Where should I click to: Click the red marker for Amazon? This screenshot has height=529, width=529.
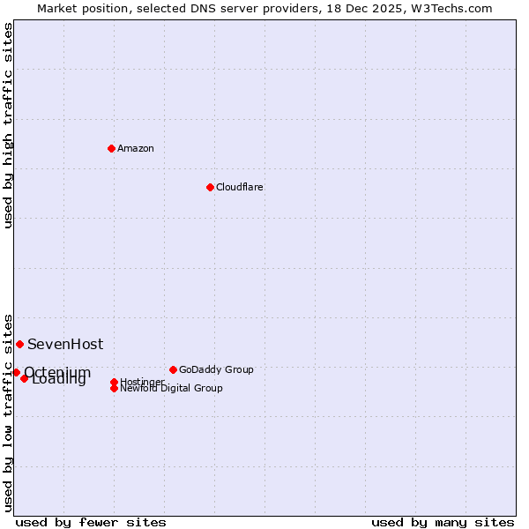(x=111, y=148)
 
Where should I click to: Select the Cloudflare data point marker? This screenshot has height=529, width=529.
(x=210, y=187)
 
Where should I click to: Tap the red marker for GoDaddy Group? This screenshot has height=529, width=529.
(x=173, y=369)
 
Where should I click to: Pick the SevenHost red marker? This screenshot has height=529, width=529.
(x=19, y=344)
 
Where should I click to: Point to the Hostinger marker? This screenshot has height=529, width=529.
(x=114, y=382)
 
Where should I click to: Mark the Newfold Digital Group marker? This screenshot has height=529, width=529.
(x=114, y=388)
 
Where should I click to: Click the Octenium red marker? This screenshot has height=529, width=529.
(x=16, y=372)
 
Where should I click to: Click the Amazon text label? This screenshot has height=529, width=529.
(x=135, y=148)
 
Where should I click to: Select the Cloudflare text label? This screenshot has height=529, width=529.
(x=239, y=187)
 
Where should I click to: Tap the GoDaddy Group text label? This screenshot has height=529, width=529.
(x=216, y=369)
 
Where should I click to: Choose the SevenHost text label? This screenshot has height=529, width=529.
(x=65, y=344)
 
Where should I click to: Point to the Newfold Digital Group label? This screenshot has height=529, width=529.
(x=171, y=389)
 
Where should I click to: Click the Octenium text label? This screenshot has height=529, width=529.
(x=57, y=372)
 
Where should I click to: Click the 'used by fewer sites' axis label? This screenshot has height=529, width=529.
(x=91, y=522)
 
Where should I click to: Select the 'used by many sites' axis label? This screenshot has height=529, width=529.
(x=443, y=522)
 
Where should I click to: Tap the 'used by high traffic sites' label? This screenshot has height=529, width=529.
(x=8, y=125)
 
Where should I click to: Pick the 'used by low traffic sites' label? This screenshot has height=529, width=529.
(x=8, y=412)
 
